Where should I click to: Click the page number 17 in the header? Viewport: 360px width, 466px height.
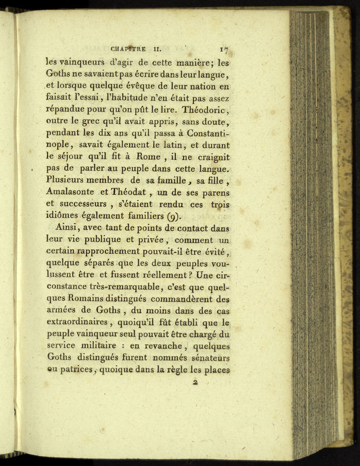(x=225, y=51)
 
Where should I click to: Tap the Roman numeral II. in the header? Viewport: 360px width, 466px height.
(x=160, y=51)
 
